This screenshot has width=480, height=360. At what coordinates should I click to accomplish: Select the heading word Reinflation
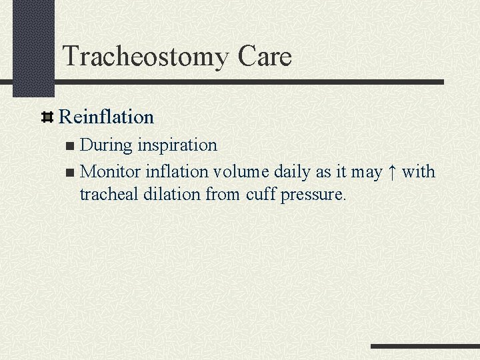click(107, 117)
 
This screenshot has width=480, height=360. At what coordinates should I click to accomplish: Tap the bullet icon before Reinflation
click(47, 118)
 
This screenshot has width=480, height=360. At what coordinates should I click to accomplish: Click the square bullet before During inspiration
click(71, 145)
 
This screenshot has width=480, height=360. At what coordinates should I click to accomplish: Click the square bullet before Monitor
click(71, 173)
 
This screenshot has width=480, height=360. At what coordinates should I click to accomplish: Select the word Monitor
click(111, 172)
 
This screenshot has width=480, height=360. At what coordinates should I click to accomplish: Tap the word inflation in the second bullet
click(177, 172)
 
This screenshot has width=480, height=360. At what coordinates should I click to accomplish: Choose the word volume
click(241, 172)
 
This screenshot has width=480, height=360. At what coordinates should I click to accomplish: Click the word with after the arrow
click(418, 172)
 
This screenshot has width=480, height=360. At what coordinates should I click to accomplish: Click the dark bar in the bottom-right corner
click(425, 347)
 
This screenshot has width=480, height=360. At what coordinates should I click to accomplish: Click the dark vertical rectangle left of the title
click(33, 47)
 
